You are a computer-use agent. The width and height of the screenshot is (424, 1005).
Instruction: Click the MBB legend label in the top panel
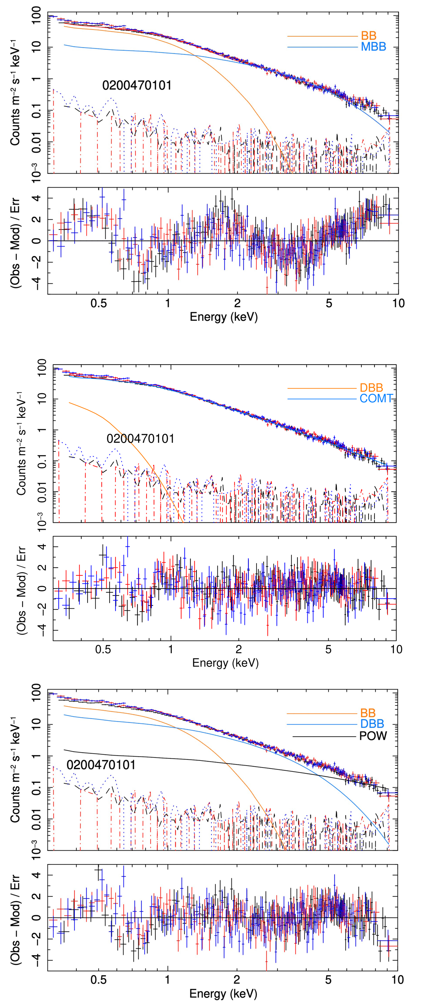coord(373,47)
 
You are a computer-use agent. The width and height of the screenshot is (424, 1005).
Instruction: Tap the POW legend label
coord(373,736)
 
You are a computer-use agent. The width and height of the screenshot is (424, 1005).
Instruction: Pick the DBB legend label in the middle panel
coord(371,388)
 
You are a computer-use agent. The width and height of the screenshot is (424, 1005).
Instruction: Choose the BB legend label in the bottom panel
coord(367,713)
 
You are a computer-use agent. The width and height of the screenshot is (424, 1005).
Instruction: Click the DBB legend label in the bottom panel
coord(372,724)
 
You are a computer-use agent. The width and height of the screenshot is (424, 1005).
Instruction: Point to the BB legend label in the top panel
coord(368,36)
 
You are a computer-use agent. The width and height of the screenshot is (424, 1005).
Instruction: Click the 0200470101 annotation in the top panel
coord(137,85)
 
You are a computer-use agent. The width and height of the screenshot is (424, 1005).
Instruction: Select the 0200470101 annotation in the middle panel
coord(140,438)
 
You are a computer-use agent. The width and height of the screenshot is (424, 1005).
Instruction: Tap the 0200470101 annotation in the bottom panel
coord(101,765)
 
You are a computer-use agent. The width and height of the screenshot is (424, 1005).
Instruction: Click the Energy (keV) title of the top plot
coord(224,317)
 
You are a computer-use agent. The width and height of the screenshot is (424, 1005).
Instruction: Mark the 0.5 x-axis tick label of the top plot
coord(98,303)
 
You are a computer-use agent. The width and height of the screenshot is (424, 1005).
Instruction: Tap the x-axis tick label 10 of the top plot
coord(398,303)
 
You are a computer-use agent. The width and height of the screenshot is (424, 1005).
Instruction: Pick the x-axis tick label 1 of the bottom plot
coord(168,980)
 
